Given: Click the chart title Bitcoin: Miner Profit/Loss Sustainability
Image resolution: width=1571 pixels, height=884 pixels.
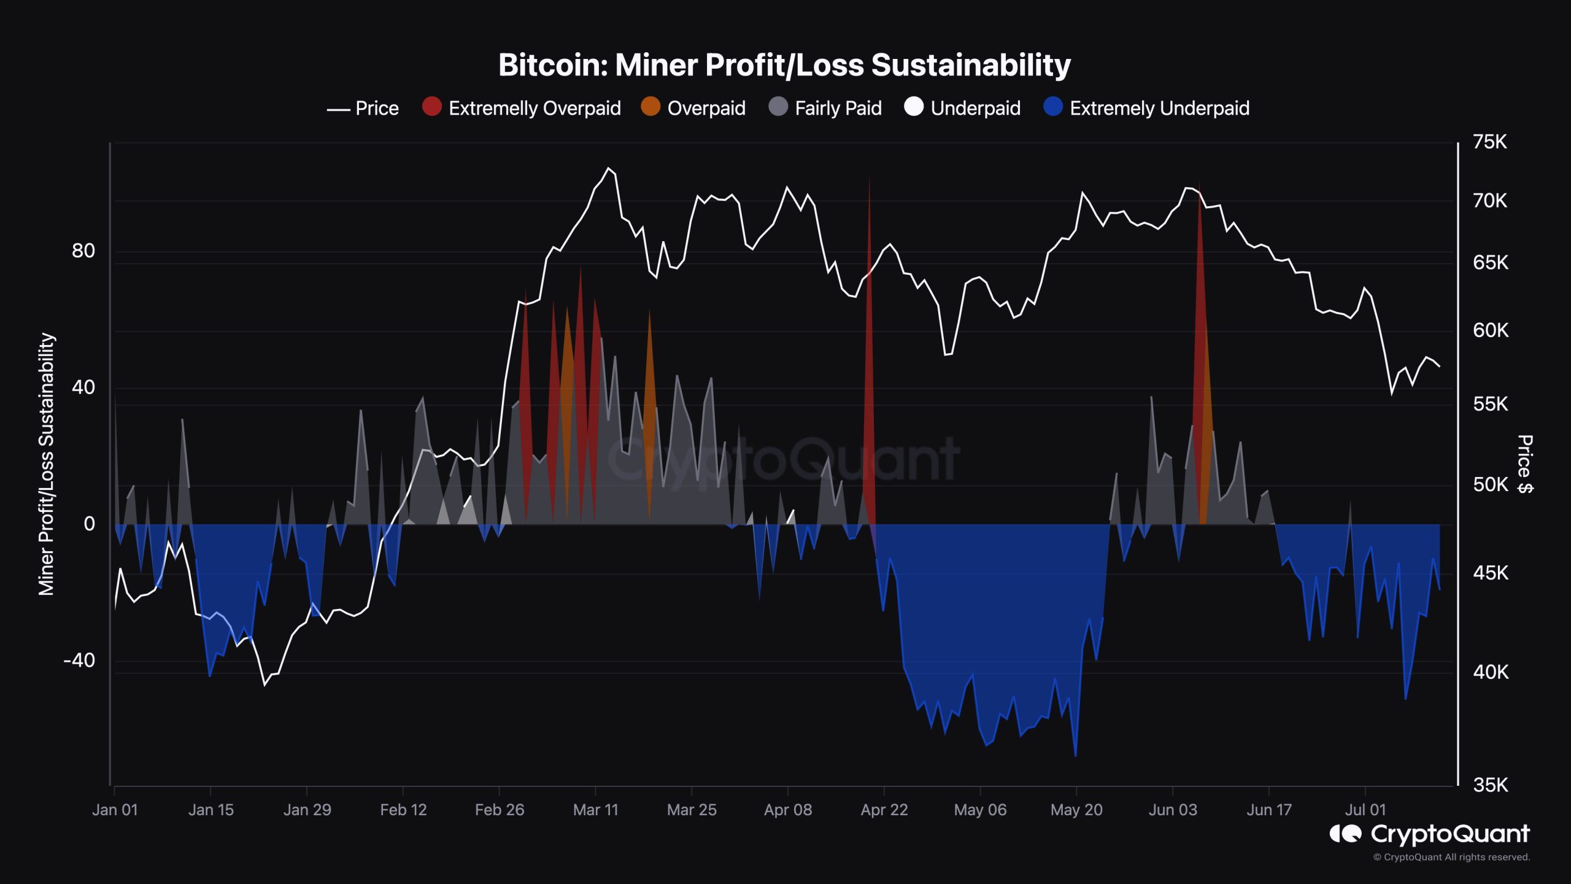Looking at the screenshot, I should [784, 65].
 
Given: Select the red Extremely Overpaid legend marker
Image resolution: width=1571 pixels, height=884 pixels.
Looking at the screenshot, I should [432, 107].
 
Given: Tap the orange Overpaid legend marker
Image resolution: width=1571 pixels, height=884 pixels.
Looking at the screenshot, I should [650, 107].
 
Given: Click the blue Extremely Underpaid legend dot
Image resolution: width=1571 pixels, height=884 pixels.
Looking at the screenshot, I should [1053, 107].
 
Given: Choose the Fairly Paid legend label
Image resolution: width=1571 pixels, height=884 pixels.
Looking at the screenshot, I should [838, 109].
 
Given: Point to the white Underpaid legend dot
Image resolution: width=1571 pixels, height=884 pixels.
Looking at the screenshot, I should [914, 107].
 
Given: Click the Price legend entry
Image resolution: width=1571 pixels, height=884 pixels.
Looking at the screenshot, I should [363, 109].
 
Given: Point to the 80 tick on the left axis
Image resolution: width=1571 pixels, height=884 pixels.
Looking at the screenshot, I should [83, 250].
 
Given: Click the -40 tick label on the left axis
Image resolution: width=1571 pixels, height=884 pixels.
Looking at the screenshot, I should [80, 661].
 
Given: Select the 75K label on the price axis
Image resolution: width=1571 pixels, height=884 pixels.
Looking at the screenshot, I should [1489, 142].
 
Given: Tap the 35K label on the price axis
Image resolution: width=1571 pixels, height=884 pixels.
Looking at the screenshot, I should [1489, 785].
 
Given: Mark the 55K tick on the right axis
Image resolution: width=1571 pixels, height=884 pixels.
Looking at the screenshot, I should [1489, 404].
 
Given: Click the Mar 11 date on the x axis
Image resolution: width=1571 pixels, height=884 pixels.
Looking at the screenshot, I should [595, 810].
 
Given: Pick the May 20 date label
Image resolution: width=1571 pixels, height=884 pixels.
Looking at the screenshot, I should [1076, 810].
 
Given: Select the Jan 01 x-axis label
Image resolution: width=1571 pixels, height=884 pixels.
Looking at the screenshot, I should [115, 810].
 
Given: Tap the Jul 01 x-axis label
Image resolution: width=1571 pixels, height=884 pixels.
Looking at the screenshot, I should [1365, 810].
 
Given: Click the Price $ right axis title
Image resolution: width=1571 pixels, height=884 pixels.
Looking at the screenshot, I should [1525, 463].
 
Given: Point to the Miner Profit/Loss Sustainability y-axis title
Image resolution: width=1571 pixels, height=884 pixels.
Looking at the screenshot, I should [47, 463].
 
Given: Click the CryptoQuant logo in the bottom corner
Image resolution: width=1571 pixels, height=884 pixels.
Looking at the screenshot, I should [1430, 834].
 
